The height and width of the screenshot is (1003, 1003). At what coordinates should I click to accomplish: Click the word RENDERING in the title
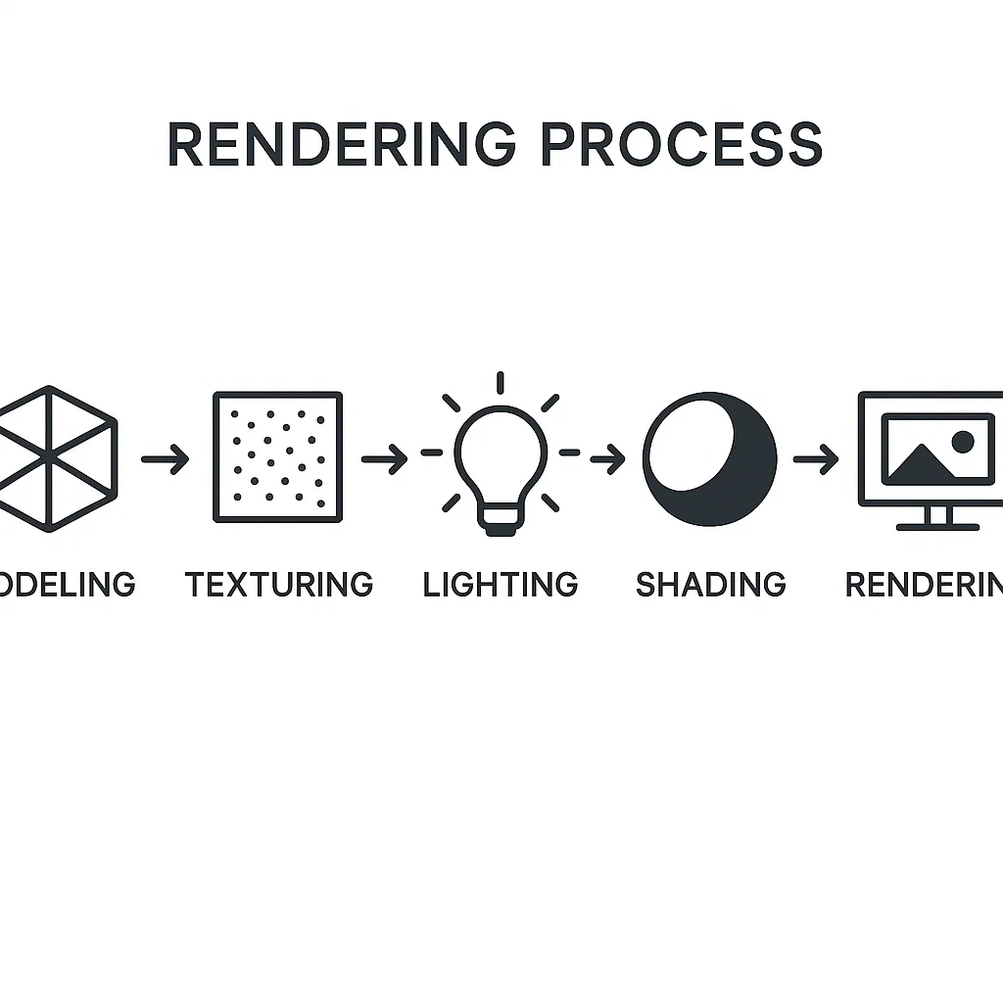pyautogui.click(x=341, y=144)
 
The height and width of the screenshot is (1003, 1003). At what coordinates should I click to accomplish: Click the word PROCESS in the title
pyautogui.click(x=681, y=144)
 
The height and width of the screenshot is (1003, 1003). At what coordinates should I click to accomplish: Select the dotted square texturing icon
pyautogui.click(x=278, y=457)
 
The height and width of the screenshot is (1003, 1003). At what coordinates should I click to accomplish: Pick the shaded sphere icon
pyautogui.click(x=710, y=457)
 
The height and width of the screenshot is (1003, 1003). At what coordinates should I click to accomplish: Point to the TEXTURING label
pyautogui.click(x=279, y=585)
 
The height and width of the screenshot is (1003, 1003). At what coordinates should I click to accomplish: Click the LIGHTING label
pyautogui.click(x=501, y=585)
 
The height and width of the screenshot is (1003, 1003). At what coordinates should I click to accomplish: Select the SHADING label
pyautogui.click(x=711, y=585)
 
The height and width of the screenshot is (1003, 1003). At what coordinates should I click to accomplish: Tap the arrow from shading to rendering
pyautogui.click(x=815, y=458)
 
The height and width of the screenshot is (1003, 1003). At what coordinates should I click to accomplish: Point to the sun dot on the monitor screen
pyautogui.click(x=963, y=442)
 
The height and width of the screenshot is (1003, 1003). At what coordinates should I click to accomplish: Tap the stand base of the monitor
pyautogui.click(x=937, y=526)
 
